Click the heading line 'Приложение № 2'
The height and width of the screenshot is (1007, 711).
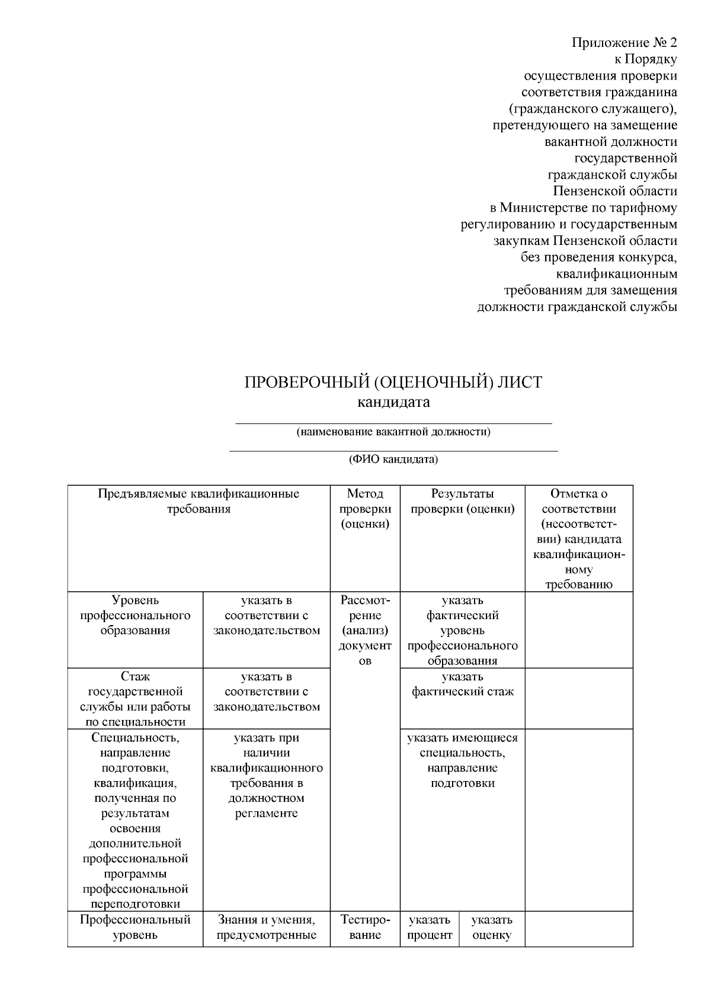[624, 43]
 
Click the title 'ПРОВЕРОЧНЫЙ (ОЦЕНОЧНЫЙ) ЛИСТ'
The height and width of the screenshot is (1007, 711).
[393, 383]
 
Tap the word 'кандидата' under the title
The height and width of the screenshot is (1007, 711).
[393, 402]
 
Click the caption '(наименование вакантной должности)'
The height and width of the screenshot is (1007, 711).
[393, 432]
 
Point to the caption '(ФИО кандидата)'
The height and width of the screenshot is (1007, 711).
[393, 460]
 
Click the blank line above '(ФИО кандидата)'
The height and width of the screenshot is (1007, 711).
[393, 451]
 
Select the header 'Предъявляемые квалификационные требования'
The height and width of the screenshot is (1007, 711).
[198, 501]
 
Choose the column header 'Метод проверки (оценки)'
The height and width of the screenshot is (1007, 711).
[365, 509]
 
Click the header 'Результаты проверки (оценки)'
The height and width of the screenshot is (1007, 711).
[462, 501]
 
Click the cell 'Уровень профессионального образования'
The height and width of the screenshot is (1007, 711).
[135, 616]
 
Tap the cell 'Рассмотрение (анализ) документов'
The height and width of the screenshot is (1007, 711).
[365, 630]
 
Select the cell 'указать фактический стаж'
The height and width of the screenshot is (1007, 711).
[462, 684]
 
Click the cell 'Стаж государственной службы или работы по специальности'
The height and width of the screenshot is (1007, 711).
[135, 699]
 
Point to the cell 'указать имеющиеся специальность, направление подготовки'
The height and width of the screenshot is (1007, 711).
[462, 760]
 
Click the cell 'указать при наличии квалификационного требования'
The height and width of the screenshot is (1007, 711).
[267, 776]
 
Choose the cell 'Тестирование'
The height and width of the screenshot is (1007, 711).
[365, 928]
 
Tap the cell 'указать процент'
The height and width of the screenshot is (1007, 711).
[430, 928]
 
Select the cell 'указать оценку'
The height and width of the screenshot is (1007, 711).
[492, 928]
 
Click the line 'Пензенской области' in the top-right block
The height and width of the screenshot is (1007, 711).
[615, 191]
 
